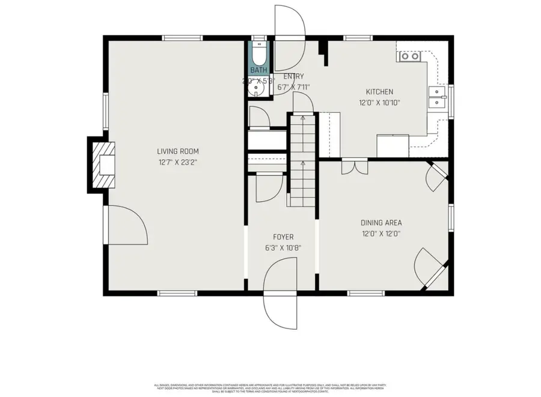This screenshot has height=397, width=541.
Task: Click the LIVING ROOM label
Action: point(177,151)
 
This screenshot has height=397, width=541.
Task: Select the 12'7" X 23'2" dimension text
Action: point(177,162)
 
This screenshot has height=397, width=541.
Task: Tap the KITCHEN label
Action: point(379,92)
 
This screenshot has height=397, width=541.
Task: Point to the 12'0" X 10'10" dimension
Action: point(379,103)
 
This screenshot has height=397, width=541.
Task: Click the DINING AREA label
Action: point(381,223)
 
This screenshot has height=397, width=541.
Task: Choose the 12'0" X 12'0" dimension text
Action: point(381,234)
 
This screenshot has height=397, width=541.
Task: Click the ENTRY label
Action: point(293,76)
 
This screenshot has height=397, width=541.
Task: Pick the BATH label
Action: point(258,70)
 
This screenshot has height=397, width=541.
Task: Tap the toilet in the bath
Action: point(259,55)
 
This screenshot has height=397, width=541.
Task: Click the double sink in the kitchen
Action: point(438,97)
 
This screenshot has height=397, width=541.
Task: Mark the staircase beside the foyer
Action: point(302,159)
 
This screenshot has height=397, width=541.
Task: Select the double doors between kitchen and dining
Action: point(353,166)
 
